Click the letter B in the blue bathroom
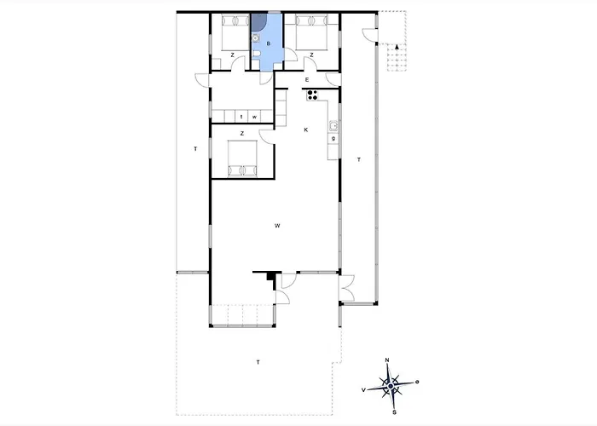(269, 43)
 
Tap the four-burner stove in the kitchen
(313, 95)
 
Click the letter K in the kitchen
(305, 130)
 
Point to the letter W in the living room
(278, 226)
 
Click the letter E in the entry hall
(306, 80)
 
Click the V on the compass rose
(364, 389)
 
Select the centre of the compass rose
(390, 388)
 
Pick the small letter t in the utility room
(241, 117)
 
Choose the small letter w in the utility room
(254, 117)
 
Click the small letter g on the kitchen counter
(333, 138)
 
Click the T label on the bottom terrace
(258, 363)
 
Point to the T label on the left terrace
(194, 149)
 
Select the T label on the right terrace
(359, 159)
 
